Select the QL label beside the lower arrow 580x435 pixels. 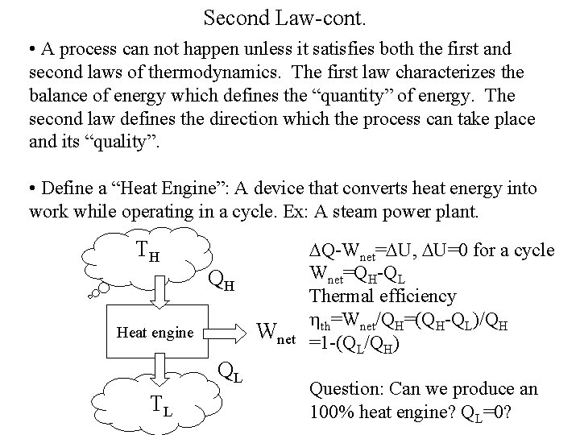click(231, 373)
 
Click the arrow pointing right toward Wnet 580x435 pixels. click(229, 330)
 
